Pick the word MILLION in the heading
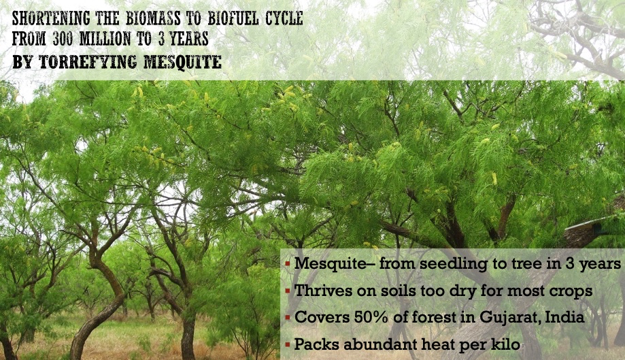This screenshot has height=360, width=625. click(105, 39)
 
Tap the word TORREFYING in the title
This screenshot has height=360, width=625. click(88, 62)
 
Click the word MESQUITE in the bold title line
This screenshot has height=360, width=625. click(182, 62)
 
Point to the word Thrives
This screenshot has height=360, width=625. click(323, 291)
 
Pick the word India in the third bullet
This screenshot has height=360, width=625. click(564, 317)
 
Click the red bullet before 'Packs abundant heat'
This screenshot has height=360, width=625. click(288, 344)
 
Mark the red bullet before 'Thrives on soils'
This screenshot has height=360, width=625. click(288, 291)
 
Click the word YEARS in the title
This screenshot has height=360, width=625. click(189, 39)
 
